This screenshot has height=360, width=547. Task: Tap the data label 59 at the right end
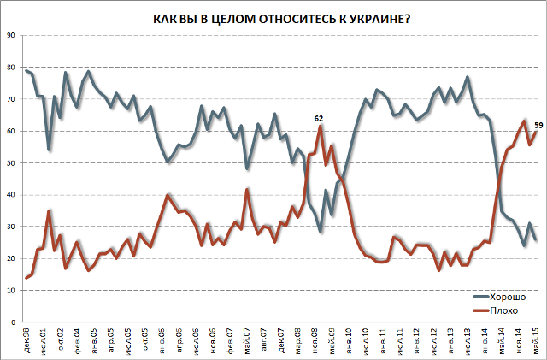(538, 124)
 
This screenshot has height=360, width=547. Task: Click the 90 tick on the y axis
(10, 35)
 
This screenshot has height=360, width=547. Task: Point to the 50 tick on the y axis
(10, 162)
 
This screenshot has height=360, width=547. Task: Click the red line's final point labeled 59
(536, 131)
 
